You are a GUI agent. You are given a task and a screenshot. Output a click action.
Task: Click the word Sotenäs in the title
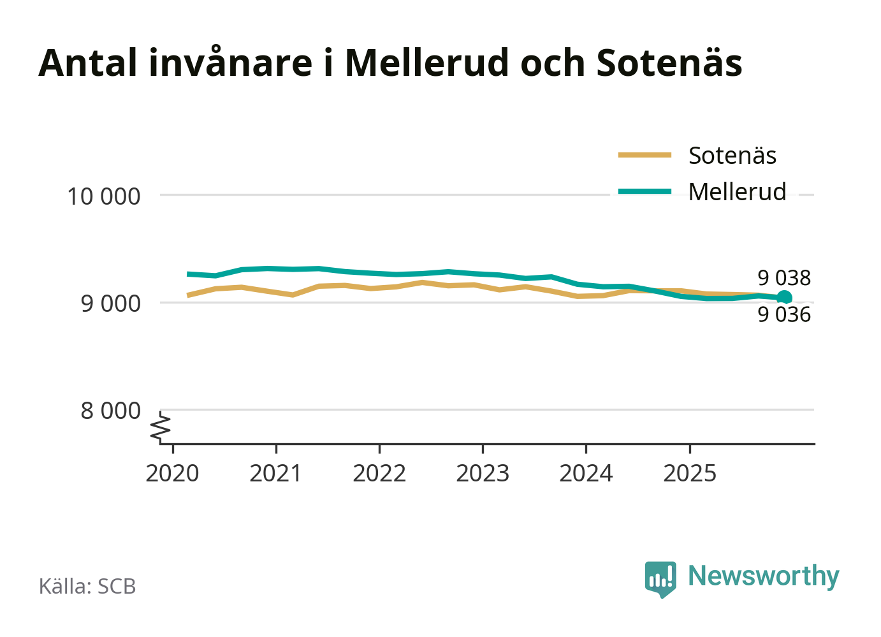(x=669, y=62)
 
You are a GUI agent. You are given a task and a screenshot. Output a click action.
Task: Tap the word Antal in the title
(x=88, y=62)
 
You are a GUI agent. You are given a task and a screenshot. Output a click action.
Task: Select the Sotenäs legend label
(x=732, y=156)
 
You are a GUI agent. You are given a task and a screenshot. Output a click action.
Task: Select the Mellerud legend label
(x=737, y=192)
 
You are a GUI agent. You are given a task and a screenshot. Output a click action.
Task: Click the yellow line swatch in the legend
(x=644, y=155)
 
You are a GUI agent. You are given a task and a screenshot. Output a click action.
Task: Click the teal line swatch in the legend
(x=644, y=191)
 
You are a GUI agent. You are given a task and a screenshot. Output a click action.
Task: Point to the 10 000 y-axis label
(x=103, y=196)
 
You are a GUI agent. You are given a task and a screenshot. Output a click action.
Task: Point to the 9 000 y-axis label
(x=110, y=304)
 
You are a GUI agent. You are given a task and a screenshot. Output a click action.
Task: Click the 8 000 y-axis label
(x=110, y=411)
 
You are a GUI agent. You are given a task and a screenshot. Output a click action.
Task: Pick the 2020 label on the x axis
(x=172, y=474)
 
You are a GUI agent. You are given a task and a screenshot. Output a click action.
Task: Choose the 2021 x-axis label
(x=275, y=474)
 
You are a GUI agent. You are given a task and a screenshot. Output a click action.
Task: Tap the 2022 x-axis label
(x=379, y=474)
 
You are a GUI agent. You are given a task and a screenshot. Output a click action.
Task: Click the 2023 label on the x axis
(x=483, y=474)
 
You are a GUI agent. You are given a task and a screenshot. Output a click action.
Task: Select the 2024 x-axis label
(x=586, y=474)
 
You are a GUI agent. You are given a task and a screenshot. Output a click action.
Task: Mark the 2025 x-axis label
(x=690, y=474)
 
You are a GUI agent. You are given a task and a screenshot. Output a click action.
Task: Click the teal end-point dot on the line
(x=785, y=297)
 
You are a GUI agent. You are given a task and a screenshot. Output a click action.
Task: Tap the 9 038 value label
(x=784, y=278)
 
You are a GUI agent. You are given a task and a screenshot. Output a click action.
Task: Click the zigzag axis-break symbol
(x=161, y=428)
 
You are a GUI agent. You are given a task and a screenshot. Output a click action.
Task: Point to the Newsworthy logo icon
(x=660, y=578)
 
